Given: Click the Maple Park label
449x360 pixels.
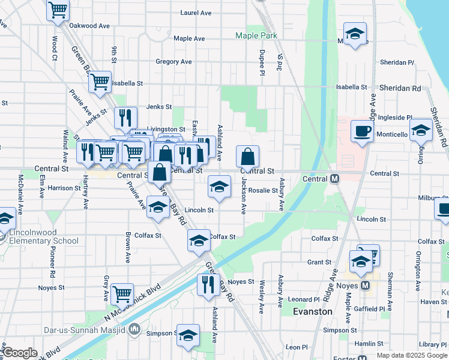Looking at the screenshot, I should coord(256,36).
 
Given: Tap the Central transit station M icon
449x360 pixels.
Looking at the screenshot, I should coord(335,179).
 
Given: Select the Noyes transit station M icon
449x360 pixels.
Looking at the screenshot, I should coord(364,286).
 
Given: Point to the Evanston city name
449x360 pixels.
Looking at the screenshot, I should coord(312,311).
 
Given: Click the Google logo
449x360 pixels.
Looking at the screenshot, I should coord(20,353).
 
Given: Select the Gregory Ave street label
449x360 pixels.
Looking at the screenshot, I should coord(173,62).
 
